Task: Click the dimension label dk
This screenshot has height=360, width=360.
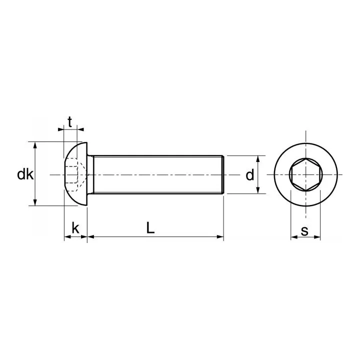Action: pyautogui.click(x=25, y=174)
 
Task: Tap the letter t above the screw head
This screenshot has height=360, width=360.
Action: pyautogui.click(x=70, y=121)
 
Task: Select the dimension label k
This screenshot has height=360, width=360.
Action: pyautogui.click(x=75, y=228)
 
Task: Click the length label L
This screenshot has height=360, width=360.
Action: pyautogui.click(x=150, y=227)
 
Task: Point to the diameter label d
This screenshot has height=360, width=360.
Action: pyautogui.click(x=250, y=174)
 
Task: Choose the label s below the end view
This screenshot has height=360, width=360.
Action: pyautogui.click(x=305, y=231)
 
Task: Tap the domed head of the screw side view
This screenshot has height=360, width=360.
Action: pyautogui.click(x=75, y=174)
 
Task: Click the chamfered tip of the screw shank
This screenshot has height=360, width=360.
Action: pyautogui.click(x=222, y=174)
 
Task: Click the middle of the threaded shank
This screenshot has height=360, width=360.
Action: pyautogui.click(x=155, y=174)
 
